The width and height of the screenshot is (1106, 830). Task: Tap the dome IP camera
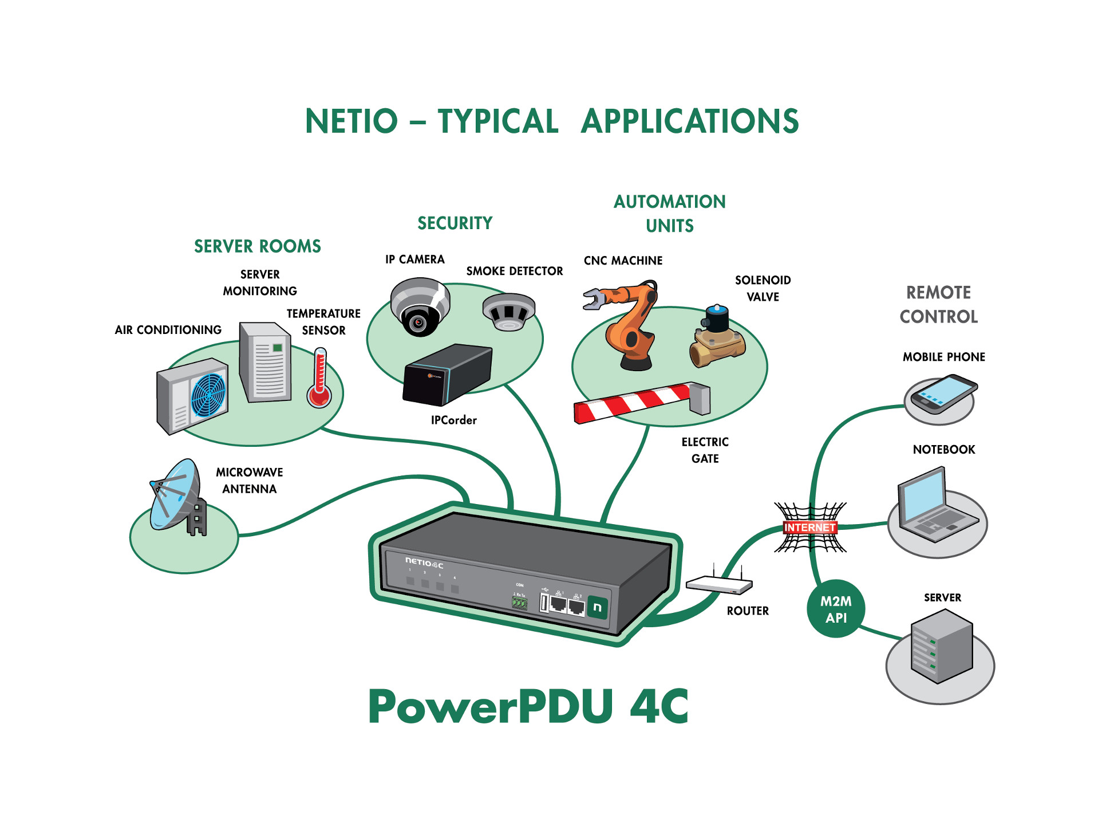(x=420, y=306)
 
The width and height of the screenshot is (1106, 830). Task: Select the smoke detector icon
(x=508, y=312)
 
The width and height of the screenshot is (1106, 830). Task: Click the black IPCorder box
(x=447, y=375)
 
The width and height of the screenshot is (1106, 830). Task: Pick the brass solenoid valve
(x=717, y=338)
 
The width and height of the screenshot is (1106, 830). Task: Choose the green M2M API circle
(x=836, y=609)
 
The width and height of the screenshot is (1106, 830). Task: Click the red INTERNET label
(x=809, y=528)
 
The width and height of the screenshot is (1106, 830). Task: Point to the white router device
(x=719, y=585)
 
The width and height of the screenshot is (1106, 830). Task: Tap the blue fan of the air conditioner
(x=208, y=395)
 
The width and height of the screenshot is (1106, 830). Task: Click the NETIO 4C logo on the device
(x=424, y=562)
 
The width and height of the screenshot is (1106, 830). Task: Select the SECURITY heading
(x=455, y=223)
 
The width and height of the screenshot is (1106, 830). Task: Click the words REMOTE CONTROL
(x=938, y=305)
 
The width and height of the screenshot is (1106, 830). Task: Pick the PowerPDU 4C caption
(x=528, y=706)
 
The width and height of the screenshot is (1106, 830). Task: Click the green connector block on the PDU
(x=519, y=602)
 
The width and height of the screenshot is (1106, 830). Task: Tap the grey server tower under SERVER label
(x=942, y=646)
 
